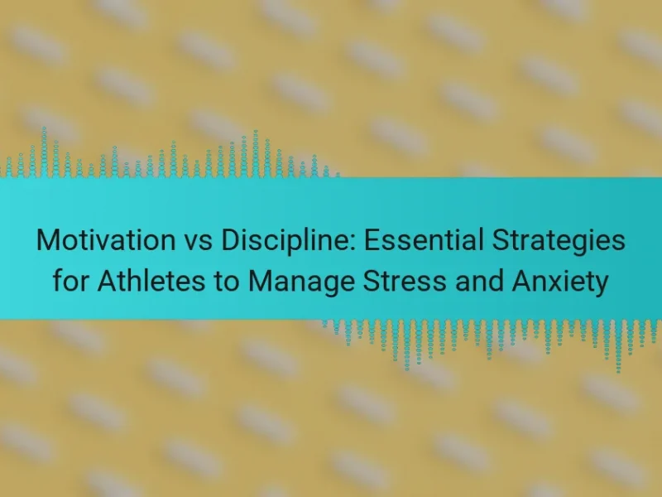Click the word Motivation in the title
106,240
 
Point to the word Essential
424,240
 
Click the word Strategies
559,242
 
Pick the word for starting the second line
70,281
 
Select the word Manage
301,282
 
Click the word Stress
405,281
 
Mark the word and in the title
479,281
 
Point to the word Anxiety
560,282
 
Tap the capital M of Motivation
47,240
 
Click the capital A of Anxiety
522,281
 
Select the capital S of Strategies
501,240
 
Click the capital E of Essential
373,240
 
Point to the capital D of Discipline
231,240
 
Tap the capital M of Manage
259,281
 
